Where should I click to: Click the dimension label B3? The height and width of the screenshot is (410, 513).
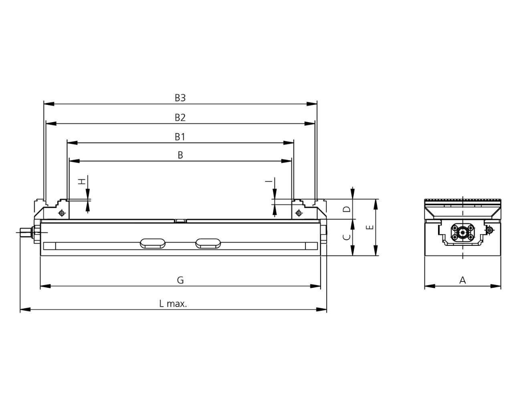(180, 98)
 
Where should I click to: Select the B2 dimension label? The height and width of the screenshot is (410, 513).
(180, 117)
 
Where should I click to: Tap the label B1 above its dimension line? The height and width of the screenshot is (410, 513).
(180, 137)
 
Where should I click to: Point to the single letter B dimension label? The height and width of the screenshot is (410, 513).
(180, 155)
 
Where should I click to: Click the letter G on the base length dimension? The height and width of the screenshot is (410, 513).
(180, 280)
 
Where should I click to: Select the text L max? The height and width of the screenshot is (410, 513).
(173, 304)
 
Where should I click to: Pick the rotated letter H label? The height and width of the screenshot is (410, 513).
(82, 181)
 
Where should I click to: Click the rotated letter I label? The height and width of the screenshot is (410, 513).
(269, 181)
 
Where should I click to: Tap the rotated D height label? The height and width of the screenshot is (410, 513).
(347, 209)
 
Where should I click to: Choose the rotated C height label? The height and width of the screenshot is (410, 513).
(347, 237)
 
